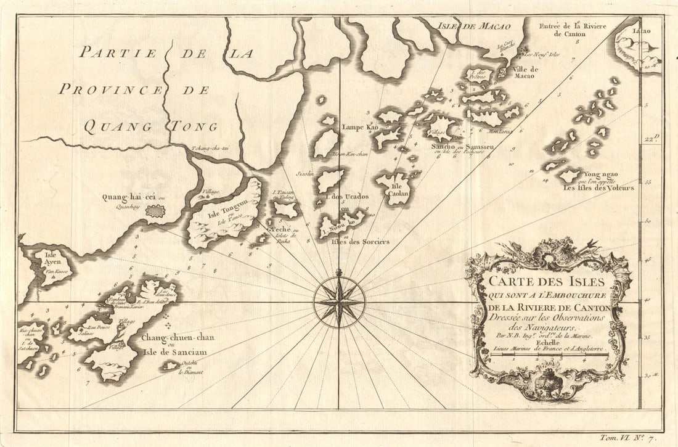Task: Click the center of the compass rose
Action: pos(338,301)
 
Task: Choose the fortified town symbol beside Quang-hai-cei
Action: pos(155,211)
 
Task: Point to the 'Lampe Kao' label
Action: pos(360,127)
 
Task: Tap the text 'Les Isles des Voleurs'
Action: pos(597,187)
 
